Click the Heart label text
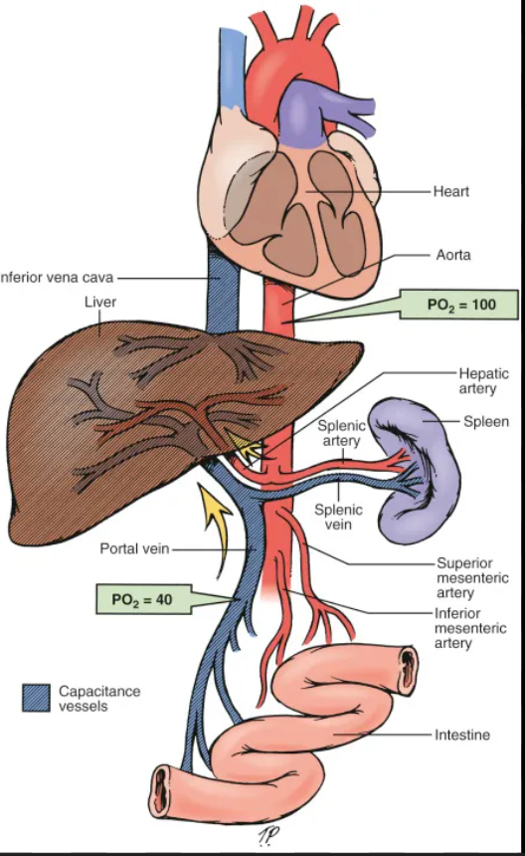click(x=450, y=190)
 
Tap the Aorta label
click(x=452, y=255)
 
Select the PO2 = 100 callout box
click(x=459, y=304)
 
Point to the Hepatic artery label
click(x=483, y=381)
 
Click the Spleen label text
click(x=486, y=421)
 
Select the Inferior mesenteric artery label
click(x=470, y=628)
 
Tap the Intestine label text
click(x=462, y=736)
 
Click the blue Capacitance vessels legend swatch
click(x=36, y=698)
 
